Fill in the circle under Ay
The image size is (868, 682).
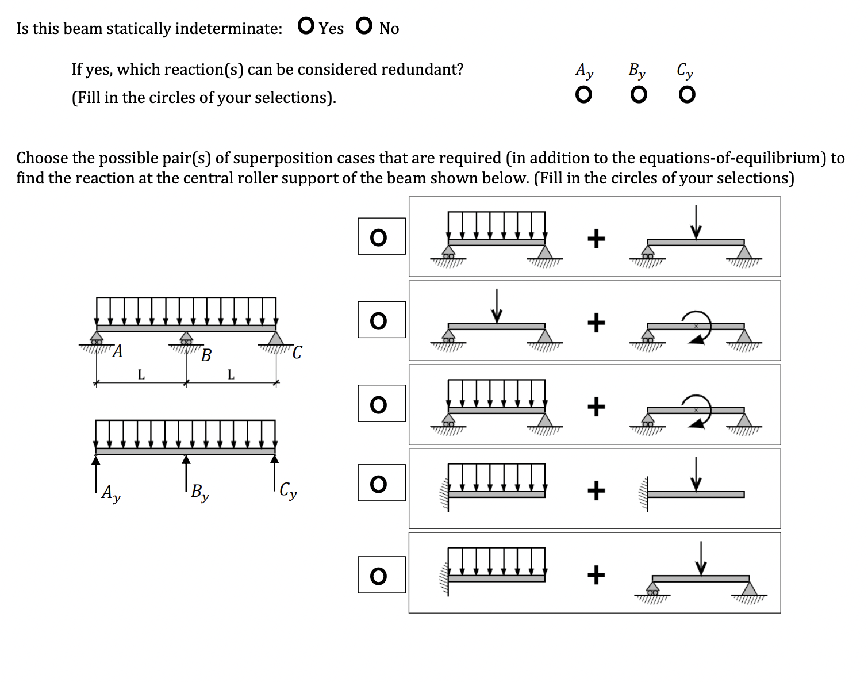pyautogui.click(x=583, y=94)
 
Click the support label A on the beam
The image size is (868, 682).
pyautogui.click(x=117, y=351)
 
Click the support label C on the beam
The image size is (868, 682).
pyautogui.click(x=297, y=352)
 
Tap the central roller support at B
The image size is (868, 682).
pyautogui.click(x=186, y=338)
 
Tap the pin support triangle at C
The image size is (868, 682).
pyautogui.click(x=276, y=338)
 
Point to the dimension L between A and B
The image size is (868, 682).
pyautogui.click(x=141, y=375)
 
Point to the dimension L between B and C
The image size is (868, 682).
pyautogui.click(x=231, y=375)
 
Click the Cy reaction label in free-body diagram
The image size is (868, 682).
pyautogui.click(x=288, y=492)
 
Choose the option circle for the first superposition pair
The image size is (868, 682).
pyautogui.click(x=378, y=237)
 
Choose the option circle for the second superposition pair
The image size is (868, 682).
pyautogui.click(x=378, y=320)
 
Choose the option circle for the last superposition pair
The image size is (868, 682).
pyautogui.click(x=378, y=575)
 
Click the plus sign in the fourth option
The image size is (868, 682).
pyautogui.click(x=596, y=491)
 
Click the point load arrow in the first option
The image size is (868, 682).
pyautogui.click(x=696, y=222)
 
